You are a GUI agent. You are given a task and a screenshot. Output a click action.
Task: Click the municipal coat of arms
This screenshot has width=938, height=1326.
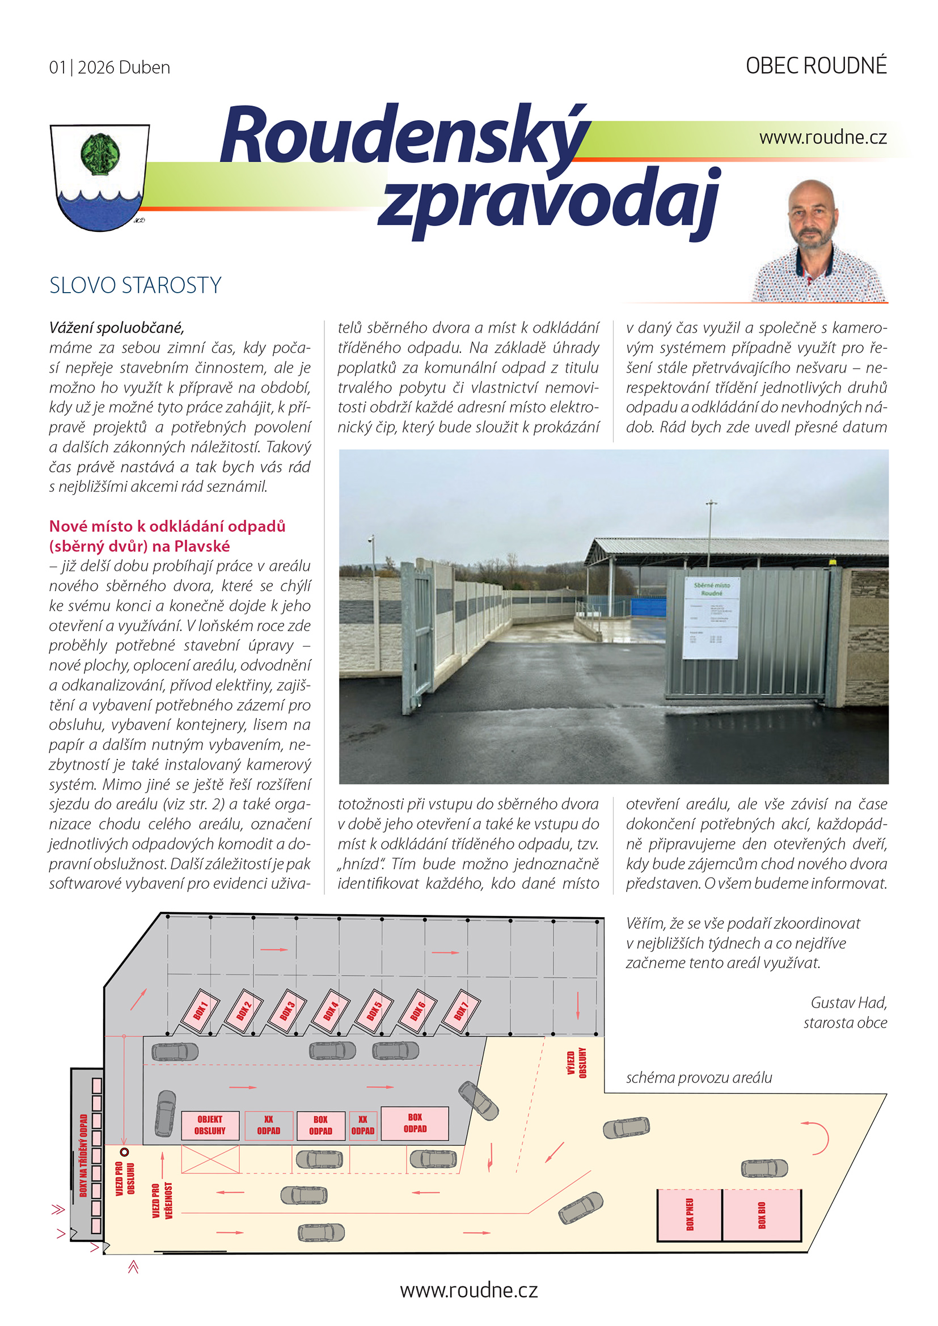[x=99, y=177]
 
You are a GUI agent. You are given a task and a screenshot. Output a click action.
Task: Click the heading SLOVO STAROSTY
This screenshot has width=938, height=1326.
[x=135, y=285]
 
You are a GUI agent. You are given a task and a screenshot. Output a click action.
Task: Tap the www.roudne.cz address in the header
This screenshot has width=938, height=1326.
[x=822, y=137]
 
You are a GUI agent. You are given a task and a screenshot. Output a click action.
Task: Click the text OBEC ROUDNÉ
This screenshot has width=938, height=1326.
[x=816, y=66]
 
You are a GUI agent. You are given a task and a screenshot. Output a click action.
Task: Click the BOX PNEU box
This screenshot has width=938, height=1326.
[x=690, y=1214]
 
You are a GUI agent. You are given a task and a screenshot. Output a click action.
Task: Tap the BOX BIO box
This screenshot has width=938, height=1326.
[x=761, y=1214]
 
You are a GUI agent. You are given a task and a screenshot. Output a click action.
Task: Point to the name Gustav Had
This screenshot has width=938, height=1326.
[x=848, y=1002]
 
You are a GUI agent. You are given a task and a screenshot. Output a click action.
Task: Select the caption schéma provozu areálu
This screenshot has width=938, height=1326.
[x=698, y=1077]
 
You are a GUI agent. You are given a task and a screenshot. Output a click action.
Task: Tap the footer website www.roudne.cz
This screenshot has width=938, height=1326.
[x=468, y=1290]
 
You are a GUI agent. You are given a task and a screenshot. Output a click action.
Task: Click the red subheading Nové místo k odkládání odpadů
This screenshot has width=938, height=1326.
[x=167, y=526]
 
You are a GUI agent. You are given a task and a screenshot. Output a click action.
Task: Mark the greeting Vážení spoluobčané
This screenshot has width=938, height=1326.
[x=117, y=328]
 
